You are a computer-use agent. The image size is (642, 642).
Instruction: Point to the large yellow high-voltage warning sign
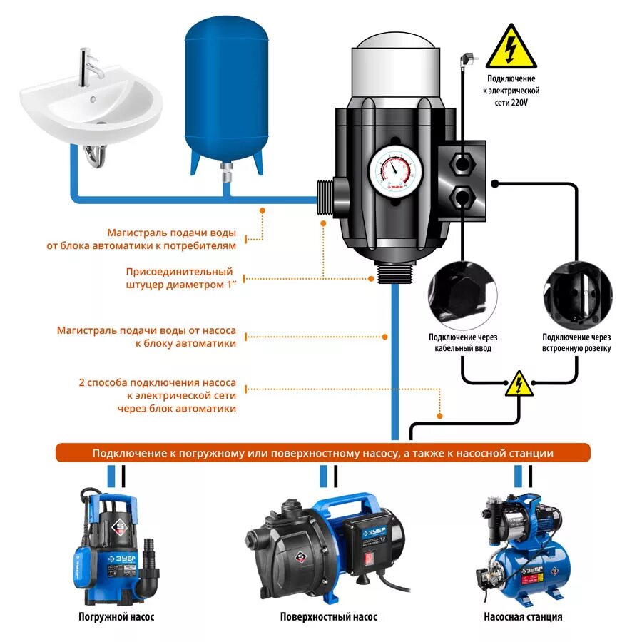pyautogui.click(x=511, y=47)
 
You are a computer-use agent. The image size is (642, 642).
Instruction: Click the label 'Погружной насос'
pyautogui.click(x=116, y=617)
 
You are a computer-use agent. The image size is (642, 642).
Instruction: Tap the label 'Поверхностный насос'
pyautogui.click(x=329, y=617)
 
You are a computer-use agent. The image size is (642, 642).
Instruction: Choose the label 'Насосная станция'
pyautogui.click(x=523, y=617)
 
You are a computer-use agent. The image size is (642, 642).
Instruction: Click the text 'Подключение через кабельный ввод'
pyautogui.click(x=463, y=342)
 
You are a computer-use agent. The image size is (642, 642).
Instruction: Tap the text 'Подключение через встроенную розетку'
pyautogui.click(x=576, y=342)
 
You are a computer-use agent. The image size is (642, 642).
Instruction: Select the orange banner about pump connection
pyautogui.click(x=323, y=453)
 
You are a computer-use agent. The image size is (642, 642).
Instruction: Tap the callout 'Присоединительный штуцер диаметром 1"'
pyautogui.click(x=180, y=278)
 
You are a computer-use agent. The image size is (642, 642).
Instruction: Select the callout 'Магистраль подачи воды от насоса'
pyautogui.click(x=146, y=337)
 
